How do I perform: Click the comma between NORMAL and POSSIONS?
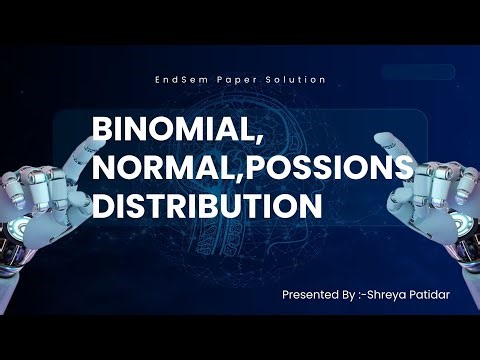242,178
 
